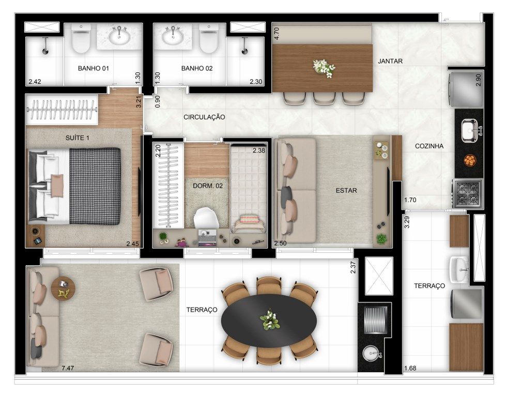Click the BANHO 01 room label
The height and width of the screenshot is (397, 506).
tap(93, 68)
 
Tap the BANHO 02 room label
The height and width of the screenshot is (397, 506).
tap(197, 68)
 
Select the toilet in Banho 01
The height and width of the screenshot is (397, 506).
tap(81, 39)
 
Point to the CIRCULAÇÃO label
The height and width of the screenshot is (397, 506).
tap(204, 117)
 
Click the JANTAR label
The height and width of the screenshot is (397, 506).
tap(390, 61)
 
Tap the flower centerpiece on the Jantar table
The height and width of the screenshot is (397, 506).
tap(324, 68)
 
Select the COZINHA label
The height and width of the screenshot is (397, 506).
tap(429, 146)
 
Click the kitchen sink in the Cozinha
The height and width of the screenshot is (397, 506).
tap(469, 130)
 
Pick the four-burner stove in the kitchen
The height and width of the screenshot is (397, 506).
tap(468, 193)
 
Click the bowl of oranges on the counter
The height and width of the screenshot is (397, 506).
tap(470, 160)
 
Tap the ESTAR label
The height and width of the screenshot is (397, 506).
tap(346, 190)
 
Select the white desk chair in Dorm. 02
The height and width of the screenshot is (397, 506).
tap(206, 218)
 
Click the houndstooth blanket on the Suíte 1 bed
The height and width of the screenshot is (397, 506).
tap(95, 186)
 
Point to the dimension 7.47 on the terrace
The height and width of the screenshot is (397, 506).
tap(68, 368)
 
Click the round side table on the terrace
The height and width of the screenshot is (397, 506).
tap(63, 288)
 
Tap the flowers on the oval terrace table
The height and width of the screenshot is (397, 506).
tap(269, 320)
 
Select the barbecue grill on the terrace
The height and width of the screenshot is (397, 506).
tap(375, 319)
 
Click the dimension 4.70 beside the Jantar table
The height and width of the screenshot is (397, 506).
tap(276, 34)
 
